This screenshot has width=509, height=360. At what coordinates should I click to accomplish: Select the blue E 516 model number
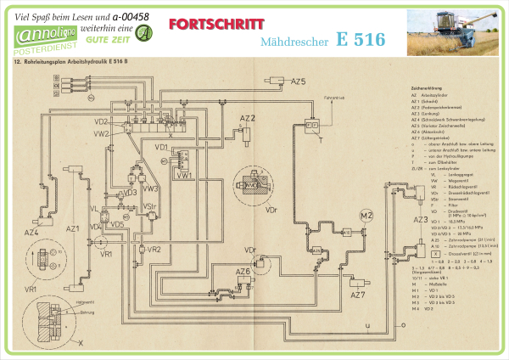coord(360,39)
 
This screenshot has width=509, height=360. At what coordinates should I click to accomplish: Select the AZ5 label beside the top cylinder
coord(298,82)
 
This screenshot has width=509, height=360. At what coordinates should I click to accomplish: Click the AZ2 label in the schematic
coord(247,117)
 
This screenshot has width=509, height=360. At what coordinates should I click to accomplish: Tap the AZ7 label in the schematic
coord(357,295)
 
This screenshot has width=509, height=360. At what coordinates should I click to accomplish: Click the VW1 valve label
coord(185,175)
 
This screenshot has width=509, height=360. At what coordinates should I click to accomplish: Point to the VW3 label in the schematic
coord(150,188)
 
